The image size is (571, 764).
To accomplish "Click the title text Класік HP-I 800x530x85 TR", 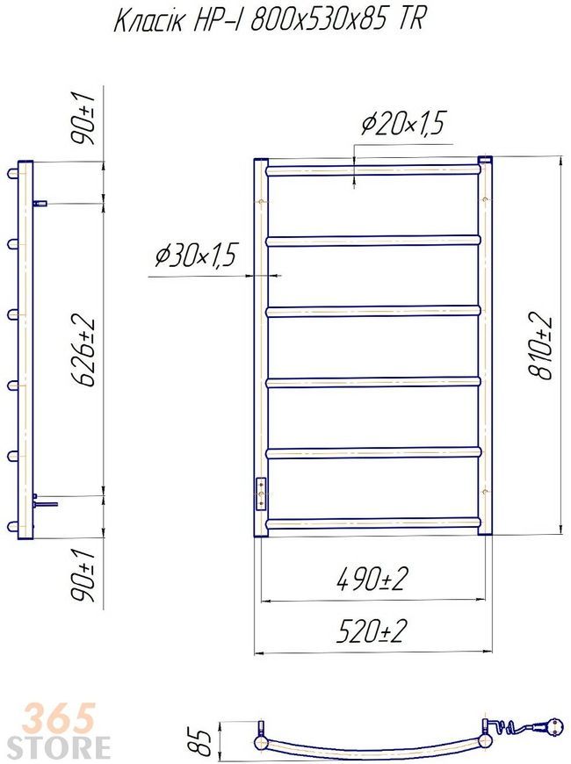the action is tap(269, 21).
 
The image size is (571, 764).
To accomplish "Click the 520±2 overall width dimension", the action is tap(372, 631).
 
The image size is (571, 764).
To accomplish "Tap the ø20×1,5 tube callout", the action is tap(402, 124).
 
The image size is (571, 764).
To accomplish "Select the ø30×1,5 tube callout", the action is tap(195, 256).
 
